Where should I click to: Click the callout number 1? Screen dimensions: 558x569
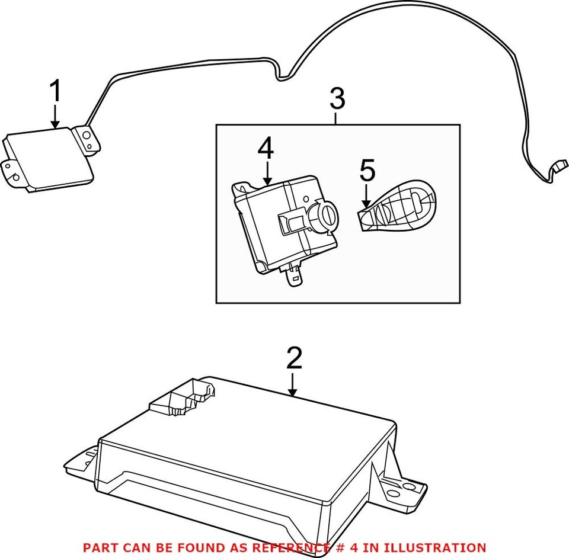click(x=55, y=92)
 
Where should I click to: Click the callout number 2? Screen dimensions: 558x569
click(x=294, y=358)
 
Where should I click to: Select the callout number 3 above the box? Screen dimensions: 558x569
click(x=337, y=99)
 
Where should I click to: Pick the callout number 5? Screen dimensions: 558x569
click(x=367, y=171)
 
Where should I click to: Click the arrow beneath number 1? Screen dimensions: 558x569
click(x=55, y=117)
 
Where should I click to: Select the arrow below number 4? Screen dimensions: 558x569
click(x=267, y=173)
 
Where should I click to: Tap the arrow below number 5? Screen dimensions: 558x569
click(x=366, y=195)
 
